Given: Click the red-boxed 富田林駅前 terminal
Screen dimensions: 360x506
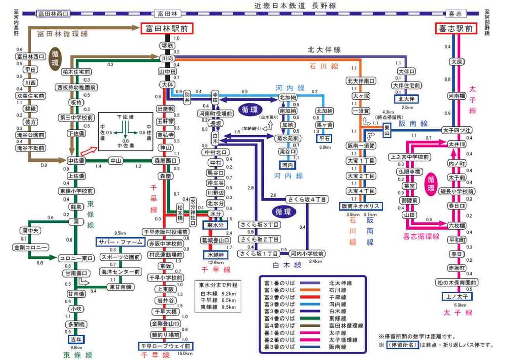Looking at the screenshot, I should point(166,29).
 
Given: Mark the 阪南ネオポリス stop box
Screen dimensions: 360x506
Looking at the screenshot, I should point(361,206).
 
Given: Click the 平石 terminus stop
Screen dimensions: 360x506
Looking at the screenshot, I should point(324,138).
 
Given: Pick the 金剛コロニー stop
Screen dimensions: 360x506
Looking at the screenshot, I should point(30,248).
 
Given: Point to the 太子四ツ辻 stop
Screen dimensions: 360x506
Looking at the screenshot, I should point(456,130).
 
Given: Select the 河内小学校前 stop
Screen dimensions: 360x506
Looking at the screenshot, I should point(308,253).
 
